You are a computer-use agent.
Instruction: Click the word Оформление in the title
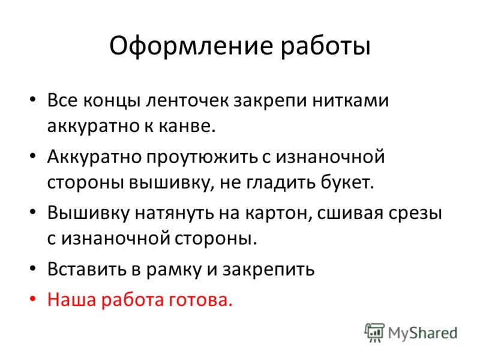coord(191,47)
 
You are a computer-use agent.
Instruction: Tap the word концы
coord(112,101)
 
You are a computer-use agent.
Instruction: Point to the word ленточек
coord(188,100)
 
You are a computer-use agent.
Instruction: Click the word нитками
coord(350,101)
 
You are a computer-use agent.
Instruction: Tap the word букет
coord(347,182)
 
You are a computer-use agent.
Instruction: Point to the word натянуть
coord(175,213)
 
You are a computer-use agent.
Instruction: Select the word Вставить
coord(86,269)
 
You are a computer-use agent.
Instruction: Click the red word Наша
coord(72,299)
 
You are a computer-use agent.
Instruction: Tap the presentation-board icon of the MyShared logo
coord(374,332)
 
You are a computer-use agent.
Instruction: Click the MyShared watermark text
coord(423,333)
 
